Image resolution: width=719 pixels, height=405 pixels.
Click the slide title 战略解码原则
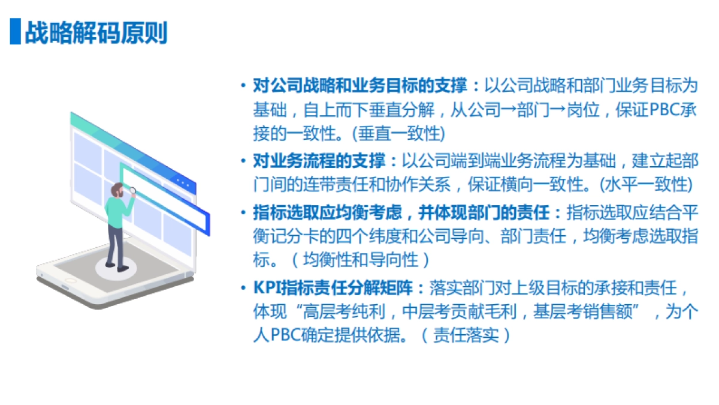pos(96,33)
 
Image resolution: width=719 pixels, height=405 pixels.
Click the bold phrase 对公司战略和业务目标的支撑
pos(360,85)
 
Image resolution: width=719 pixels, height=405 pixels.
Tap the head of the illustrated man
pos(118,191)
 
